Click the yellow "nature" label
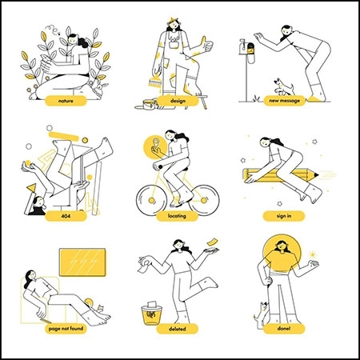pos(66,101)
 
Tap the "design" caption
pos(178,101)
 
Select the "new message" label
pos(284,101)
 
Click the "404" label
pos(66,216)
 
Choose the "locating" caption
pos(177,216)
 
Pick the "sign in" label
pos(284,216)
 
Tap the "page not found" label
pos(66,329)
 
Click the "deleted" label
pos(177,329)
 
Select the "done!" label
pos(284,329)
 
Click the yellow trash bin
pos(151,314)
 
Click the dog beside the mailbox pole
pos(283,87)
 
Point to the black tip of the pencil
pos(316,175)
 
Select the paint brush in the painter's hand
pos(155,79)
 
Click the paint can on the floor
pos(149,104)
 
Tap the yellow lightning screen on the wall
pos(82,262)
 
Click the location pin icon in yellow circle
pos(155,142)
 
